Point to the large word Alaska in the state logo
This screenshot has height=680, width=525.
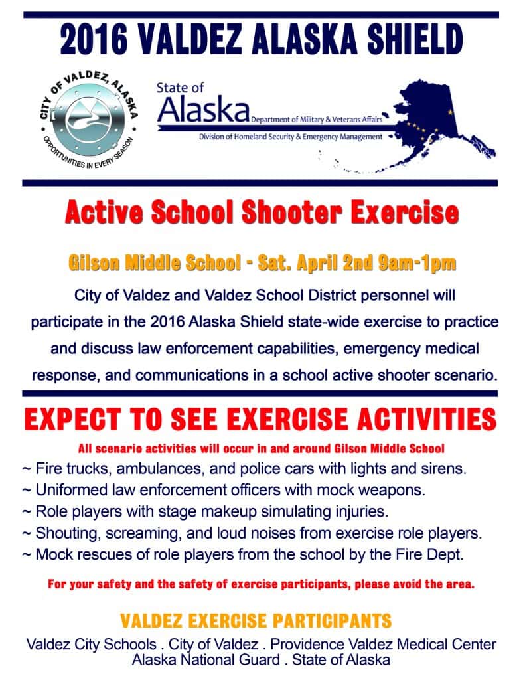(x=203, y=110)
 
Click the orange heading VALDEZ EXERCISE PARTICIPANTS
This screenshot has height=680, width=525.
(x=256, y=622)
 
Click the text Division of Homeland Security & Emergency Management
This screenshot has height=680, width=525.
(x=291, y=137)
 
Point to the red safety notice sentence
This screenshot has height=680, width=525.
(x=262, y=585)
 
